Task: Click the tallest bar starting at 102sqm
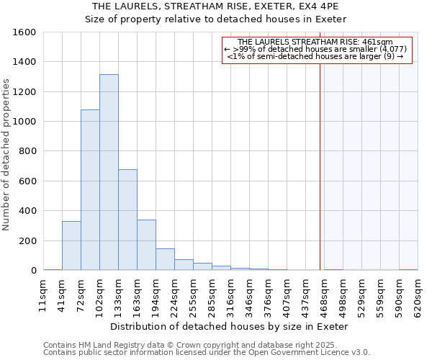[x=109, y=173]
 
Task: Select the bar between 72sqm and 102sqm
[x=90, y=190]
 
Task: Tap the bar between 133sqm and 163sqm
[x=127, y=220]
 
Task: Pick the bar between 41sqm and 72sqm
[x=71, y=246]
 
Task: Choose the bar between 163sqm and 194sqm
[x=146, y=245]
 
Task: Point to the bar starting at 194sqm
[x=165, y=259]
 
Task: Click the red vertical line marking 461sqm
[x=320, y=158]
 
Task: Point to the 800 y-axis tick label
[x=28, y=152]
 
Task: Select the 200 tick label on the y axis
[x=28, y=241]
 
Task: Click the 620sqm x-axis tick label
[x=418, y=293]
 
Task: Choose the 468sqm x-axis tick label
[x=325, y=293]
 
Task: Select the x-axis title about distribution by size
[x=230, y=326]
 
